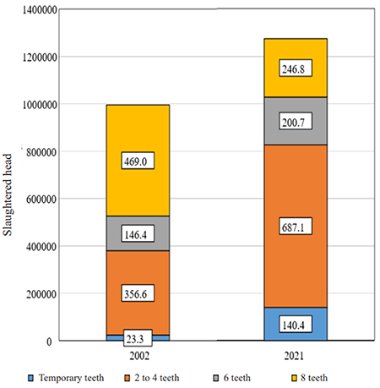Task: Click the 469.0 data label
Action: [136, 161]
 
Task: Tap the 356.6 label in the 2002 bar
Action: [136, 294]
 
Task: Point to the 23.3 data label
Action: [136, 338]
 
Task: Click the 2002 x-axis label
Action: [136, 357]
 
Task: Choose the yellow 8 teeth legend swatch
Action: [286, 378]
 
